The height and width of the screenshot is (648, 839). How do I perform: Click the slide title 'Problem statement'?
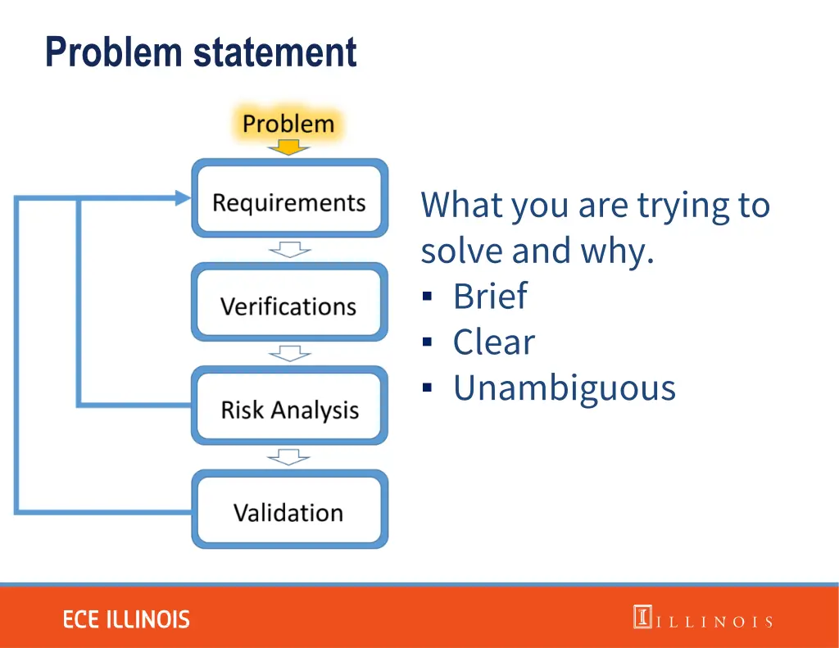click(x=201, y=52)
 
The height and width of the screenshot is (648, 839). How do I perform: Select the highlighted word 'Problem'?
click(x=288, y=125)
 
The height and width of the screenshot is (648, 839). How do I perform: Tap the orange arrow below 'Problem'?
click(x=288, y=147)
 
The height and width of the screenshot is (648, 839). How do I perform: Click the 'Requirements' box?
click(x=289, y=202)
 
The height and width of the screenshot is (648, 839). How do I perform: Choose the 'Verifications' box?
click(x=289, y=306)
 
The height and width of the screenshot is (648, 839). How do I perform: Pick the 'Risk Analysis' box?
click(x=289, y=410)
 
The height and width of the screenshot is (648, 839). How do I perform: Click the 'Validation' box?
click(x=289, y=513)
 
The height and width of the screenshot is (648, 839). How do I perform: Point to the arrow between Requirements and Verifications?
click(x=289, y=249)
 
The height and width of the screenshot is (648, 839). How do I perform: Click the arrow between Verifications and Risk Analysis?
click(x=289, y=353)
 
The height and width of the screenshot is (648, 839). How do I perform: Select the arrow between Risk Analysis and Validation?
click(x=289, y=456)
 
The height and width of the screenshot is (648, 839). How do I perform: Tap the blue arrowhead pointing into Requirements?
click(x=182, y=197)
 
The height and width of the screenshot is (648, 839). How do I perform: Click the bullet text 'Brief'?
click(x=490, y=296)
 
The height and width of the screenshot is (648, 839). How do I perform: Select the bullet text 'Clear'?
click(x=493, y=342)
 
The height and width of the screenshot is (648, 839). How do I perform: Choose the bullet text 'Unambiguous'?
click(x=565, y=387)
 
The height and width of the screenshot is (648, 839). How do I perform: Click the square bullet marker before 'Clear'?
click(x=427, y=342)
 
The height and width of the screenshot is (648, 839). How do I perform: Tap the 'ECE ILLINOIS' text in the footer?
click(x=126, y=619)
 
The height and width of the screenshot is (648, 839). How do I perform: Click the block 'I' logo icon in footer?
click(x=642, y=617)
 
